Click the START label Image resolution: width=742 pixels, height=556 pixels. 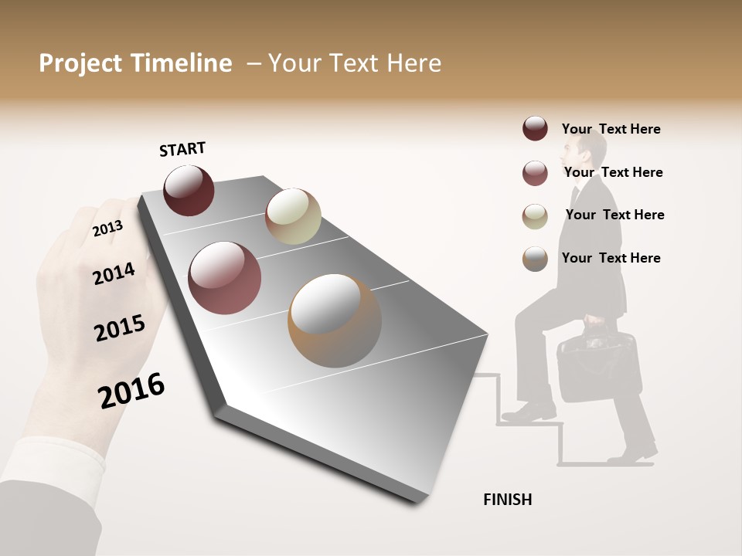pos(182,149)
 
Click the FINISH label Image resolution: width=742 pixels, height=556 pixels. pos(507,500)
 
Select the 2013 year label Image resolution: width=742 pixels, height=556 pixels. pos(107,229)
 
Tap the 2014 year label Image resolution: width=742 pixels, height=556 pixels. pos(114,273)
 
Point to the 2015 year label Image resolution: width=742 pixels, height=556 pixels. pos(119,328)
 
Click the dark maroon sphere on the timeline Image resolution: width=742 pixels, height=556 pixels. pos(189,190)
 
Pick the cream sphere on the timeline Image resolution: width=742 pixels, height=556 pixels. pos(293,216)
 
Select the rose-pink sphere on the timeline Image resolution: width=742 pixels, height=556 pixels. pos(224,278)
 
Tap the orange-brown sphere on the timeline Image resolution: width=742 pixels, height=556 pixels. pos(335,320)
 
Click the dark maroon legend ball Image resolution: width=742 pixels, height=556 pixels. pos(535,128)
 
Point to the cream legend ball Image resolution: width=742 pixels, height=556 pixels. pos(535,216)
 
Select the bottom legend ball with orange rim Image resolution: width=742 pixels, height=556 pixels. pos(535,259)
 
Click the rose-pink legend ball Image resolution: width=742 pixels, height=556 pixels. pos(535,173)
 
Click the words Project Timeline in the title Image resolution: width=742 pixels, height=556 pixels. pos(135,63)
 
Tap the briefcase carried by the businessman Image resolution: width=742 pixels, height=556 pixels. pos(598,367)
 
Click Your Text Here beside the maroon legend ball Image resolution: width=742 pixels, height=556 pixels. pos(611,129)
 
